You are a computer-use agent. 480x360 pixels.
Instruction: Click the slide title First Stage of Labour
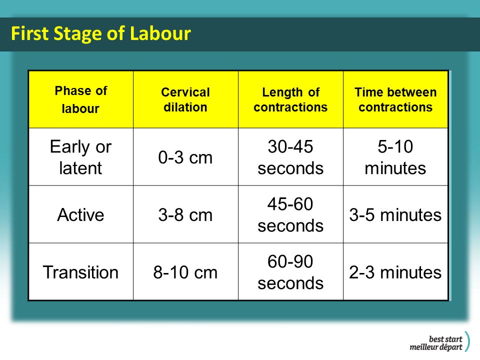100,33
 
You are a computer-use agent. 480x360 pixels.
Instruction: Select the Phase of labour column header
81,99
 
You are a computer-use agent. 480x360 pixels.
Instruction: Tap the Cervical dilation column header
185,99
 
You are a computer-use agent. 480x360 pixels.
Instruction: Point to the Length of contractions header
290,99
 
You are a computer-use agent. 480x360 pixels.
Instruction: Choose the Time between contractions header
395,99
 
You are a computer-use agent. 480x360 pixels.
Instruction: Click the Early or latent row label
81,157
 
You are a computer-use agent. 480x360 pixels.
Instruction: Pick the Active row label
81,214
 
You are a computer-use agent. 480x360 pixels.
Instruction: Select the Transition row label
81,272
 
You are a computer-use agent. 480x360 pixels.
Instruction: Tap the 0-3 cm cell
185,157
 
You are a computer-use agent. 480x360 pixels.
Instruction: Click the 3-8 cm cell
185,215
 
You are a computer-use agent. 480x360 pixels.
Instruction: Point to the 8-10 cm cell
185,272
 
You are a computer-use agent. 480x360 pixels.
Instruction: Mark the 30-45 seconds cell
290,157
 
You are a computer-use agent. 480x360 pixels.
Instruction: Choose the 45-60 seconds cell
290,214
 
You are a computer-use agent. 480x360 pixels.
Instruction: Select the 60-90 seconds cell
290,272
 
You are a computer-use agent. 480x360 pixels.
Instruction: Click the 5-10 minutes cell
395,157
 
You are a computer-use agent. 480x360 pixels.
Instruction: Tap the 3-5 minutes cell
395,215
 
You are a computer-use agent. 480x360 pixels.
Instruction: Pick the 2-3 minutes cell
395,272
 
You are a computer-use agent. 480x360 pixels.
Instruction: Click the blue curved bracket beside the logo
467,341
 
